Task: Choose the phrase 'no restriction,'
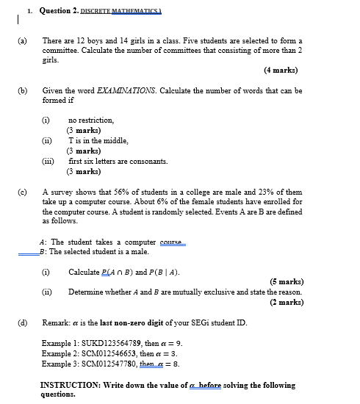pyautogui.click(x=91, y=119)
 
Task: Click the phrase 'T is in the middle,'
pyautogui.click(x=98, y=140)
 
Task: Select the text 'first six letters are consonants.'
pyautogui.click(x=118, y=160)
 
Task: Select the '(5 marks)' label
pyautogui.click(x=285, y=281)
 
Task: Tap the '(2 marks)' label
pyautogui.click(x=285, y=301)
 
